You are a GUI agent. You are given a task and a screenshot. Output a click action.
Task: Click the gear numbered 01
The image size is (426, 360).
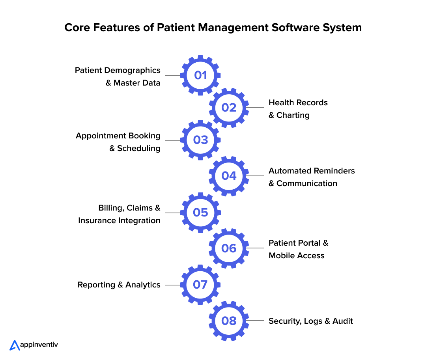(200, 75)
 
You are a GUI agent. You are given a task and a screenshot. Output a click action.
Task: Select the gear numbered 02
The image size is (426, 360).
(229, 108)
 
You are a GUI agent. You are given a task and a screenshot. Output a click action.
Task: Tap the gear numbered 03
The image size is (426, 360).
(200, 140)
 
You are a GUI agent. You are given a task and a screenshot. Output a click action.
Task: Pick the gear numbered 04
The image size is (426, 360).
(229, 176)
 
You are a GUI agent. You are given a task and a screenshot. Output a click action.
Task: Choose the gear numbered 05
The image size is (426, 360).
(200, 213)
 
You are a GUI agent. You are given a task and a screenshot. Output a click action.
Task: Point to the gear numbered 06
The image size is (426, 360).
(229, 248)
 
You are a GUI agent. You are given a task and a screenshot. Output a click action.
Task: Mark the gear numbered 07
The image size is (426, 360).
(200, 285)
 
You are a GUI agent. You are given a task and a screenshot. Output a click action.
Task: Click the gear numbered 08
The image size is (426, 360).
(229, 321)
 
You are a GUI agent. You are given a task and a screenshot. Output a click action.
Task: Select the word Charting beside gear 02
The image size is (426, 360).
(293, 115)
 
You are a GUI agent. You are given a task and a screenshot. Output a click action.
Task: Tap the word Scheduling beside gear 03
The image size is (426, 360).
(139, 148)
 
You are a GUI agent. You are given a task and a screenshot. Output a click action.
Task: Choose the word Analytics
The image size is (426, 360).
(143, 285)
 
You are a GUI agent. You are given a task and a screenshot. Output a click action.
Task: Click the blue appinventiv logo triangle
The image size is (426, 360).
(15, 345)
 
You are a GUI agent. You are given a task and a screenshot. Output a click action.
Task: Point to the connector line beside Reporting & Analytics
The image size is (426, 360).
(173, 285)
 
